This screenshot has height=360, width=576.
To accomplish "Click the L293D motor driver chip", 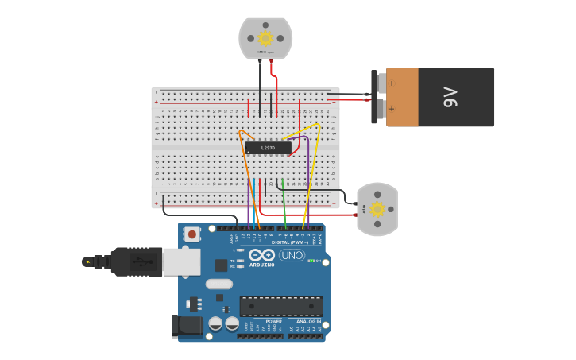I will point(268,147).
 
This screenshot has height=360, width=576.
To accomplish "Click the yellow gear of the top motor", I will point(265,37).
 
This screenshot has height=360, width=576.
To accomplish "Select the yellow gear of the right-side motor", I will point(377,209).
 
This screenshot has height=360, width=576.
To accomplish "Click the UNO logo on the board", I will point(292,255).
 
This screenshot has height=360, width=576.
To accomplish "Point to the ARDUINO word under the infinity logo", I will point(261,265).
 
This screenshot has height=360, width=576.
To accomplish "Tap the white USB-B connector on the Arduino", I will point(181,261).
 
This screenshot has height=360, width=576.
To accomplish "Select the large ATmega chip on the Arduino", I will point(281,306).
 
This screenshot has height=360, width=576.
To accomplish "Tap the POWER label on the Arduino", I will point(262,322).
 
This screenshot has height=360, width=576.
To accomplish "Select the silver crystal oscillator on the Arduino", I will point(218,284).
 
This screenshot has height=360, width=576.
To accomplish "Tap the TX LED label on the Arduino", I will point(233,261).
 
